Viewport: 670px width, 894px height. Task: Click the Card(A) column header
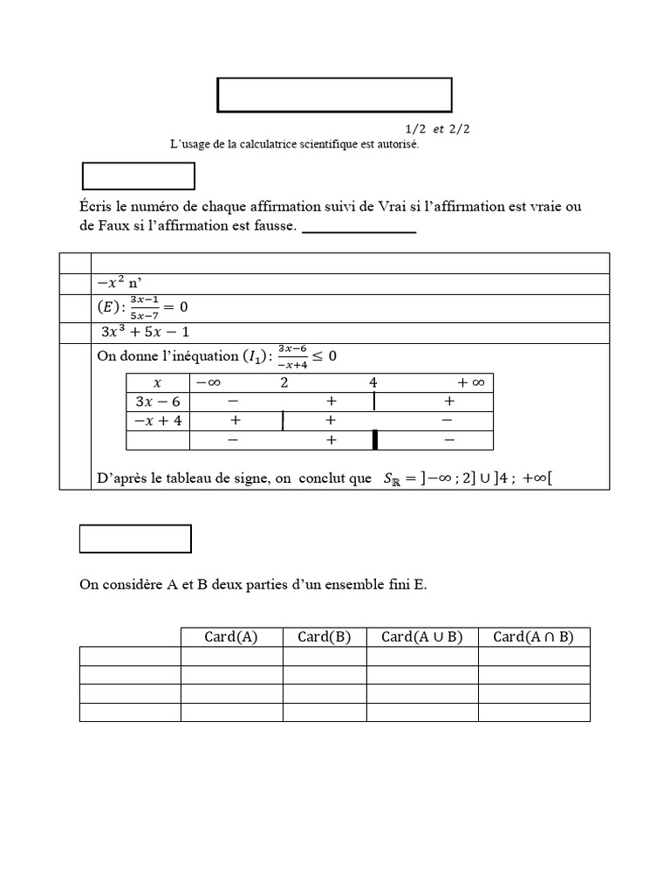coord(231,636)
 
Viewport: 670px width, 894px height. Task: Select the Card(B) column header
coord(324,636)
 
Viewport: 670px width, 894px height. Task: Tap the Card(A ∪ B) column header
coord(421,636)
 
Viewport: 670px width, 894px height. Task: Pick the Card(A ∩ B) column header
coord(533,636)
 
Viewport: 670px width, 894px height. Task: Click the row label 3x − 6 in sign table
coord(157,402)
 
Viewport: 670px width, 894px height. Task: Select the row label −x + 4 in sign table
coord(157,421)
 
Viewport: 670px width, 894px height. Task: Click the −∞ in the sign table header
coord(209,383)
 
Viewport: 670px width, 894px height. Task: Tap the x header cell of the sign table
coord(157,383)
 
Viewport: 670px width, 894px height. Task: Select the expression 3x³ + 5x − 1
coord(145,332)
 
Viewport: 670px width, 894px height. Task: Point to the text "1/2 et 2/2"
coord(431,129)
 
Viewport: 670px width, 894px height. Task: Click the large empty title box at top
coord(334,95)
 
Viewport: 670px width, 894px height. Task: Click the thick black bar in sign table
coord(374,440)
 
